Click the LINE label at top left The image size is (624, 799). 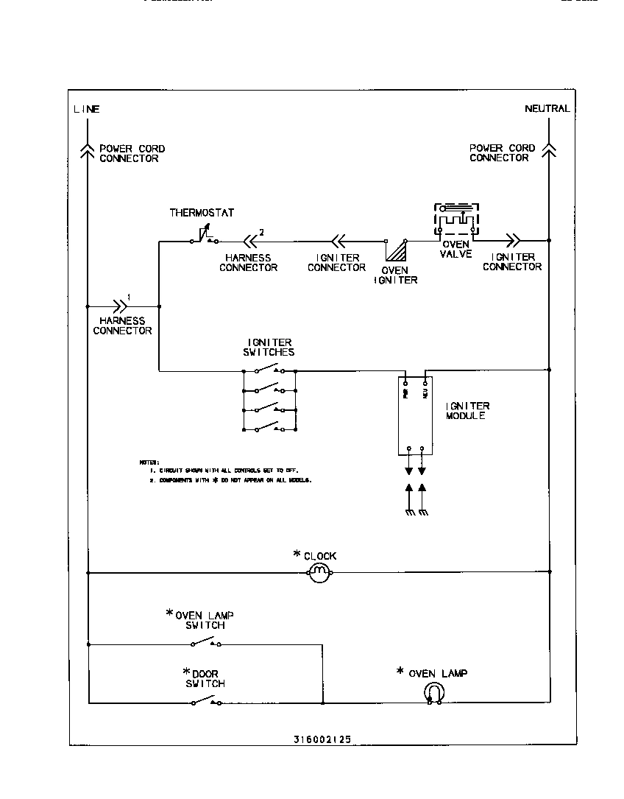pos(86,109)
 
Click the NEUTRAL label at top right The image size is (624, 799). pos(547,108)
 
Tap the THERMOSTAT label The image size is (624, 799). pos(202,213)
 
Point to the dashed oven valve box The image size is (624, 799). pos(456,219)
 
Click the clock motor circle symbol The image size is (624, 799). pos(316,572)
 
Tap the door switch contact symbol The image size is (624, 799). pos(206,702)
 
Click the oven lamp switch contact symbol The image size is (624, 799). pos(206,644)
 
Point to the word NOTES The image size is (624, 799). pos(149,462)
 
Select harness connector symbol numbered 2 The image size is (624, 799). pos(251,239)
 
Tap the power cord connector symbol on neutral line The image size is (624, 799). pos(548,149)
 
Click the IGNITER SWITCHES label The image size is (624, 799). pos(270,347)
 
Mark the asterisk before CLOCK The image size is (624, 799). pos(297,554)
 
